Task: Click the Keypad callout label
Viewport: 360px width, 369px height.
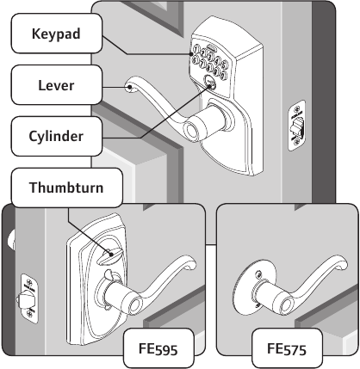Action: [57, 34]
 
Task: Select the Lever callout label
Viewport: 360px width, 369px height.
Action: [57, 85]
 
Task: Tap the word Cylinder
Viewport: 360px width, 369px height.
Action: [56, 136]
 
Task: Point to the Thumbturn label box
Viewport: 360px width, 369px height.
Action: [66, 188]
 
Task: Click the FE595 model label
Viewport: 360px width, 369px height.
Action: [158, 348]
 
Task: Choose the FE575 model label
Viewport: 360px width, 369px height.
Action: [287, 348]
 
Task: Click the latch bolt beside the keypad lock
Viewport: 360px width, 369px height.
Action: [295, 127]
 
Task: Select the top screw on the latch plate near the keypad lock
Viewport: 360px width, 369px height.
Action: [296, 110]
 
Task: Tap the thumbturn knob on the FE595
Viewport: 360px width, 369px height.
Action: [111, 255]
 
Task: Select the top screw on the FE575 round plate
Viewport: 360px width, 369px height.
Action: [259, 274]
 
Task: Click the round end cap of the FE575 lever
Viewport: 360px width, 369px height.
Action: [285, 305]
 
